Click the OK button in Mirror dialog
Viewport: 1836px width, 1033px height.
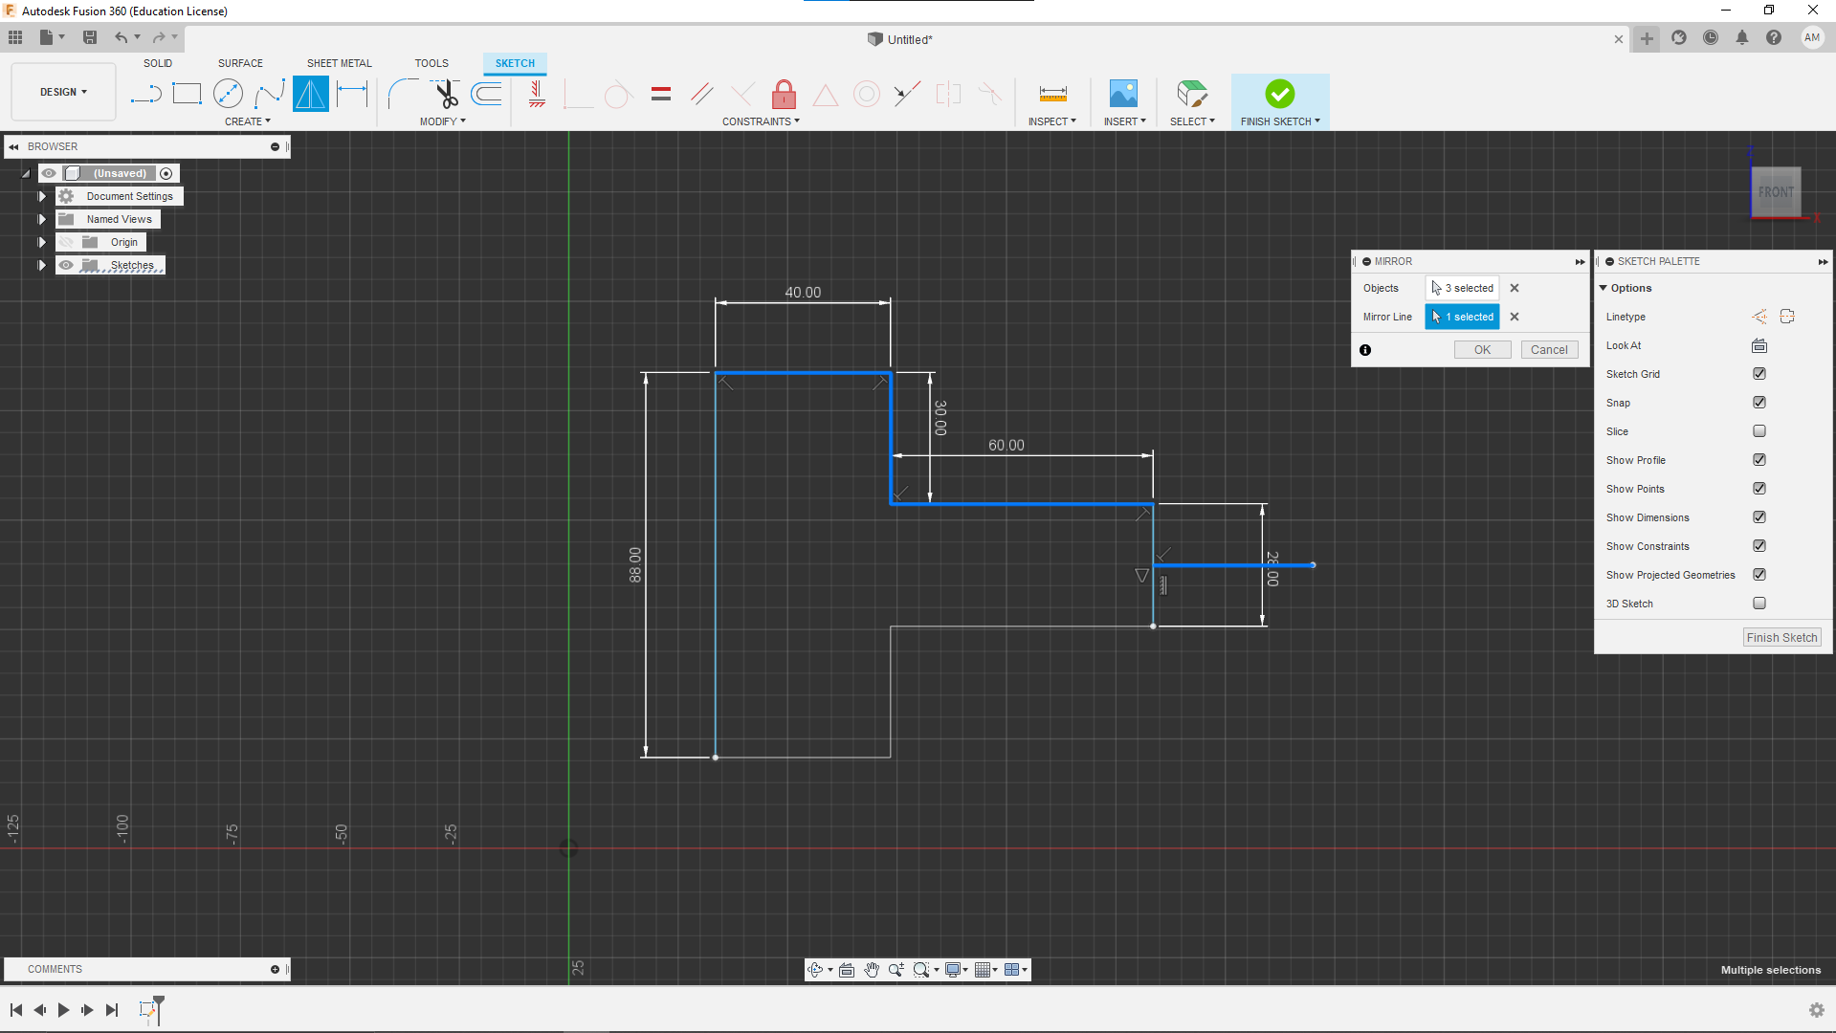pos(1482,350)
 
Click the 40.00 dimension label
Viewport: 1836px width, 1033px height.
pos(803,293)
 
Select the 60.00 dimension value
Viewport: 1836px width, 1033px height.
pos(1006,446)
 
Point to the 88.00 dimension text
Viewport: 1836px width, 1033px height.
pos(635,564)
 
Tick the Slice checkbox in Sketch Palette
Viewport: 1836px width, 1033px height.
pos(1759,431)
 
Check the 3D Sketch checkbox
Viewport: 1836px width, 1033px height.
pos(1759,604)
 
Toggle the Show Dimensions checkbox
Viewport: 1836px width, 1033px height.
pos(1759,517)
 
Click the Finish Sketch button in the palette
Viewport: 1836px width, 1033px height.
pos(1781,638)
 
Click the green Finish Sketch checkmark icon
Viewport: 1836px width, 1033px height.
pos(1279,94)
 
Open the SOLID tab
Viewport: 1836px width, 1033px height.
pos(158,63)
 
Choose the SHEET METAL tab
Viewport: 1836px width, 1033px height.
pos(339,63)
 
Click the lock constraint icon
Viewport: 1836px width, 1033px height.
pos(784,94)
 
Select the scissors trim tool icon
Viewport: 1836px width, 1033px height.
pos(446,94)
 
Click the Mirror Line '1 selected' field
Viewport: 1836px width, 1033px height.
pos(1462,317)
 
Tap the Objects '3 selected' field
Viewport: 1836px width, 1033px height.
pos(1462,288)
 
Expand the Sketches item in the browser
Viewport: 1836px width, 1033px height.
pos(42,265)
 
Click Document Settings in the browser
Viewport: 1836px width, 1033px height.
pos(130,196)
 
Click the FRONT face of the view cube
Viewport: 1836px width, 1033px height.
pos(1776,192)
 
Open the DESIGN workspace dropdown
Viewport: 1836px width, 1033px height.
pos(63,92)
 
